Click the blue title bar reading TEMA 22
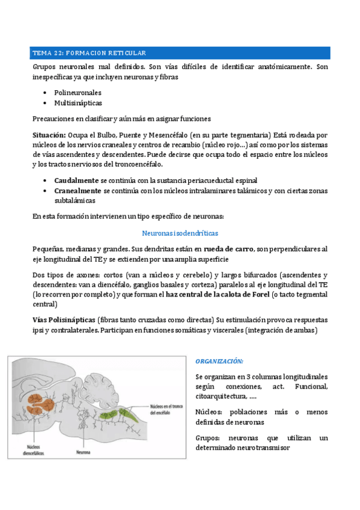pyautogui.click(x=180, y=53)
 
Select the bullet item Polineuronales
pyautogui.click(x=77, y=93)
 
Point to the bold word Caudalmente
pyautogui.click(x=76, y=180)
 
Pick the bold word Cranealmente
pyautogui.click(x=78, y=191)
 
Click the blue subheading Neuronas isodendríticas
pyautogui.click(x=180, y=232)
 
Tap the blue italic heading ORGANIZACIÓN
pyautogui.click(x=219, y=361)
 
